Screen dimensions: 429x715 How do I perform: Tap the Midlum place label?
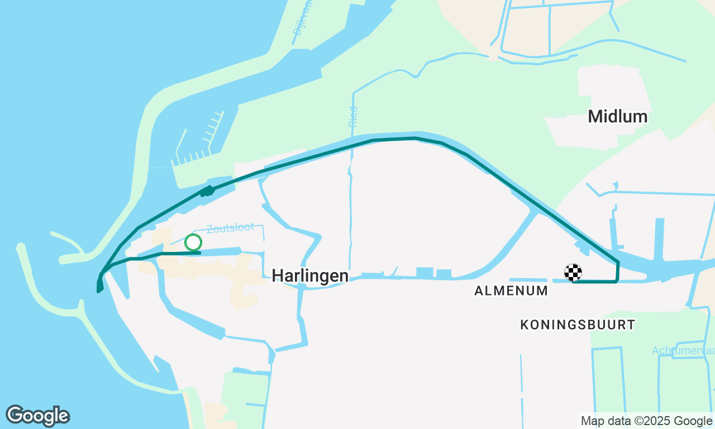(617, 117)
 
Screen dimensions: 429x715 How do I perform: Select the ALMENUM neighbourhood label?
(511, 290)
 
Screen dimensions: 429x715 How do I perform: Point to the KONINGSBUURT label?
(578, 325)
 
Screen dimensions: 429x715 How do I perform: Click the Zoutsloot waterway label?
(230, 228)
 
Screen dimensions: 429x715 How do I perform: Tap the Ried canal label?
(352, 116)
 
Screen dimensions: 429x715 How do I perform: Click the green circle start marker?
(193, 242)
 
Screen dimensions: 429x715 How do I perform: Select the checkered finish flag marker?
(573, 272)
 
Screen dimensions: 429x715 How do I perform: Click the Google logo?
(38, 416)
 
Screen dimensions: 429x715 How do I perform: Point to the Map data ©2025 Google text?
(646, 421)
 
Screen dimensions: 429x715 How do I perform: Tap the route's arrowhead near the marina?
(208, 191)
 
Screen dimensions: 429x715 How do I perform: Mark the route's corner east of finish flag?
(617, 281)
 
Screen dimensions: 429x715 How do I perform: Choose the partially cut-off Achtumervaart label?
(683, 350)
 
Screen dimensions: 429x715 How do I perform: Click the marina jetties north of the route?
(201, 142)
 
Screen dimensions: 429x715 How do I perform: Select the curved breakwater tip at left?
(21, 247)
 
